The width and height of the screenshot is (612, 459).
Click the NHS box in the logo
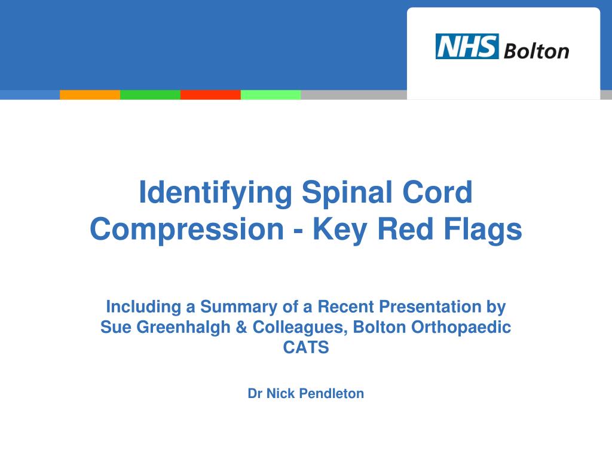(467, 47)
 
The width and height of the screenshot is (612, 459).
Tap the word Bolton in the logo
(536, 51)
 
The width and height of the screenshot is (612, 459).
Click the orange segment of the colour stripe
(90, 94)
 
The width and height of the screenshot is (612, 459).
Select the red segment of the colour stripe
(210, 94)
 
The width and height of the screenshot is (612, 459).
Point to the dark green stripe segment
(150, 94)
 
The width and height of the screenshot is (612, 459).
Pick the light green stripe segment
(271, 94)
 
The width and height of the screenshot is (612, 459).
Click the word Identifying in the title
(216, 193)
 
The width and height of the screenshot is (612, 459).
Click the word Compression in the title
(186, 229)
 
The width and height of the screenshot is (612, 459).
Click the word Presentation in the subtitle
(429, 307)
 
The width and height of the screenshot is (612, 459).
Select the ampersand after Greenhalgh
(242, 328)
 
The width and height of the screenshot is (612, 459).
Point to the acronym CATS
(306, 348)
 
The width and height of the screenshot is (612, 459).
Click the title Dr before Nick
(255, 393)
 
